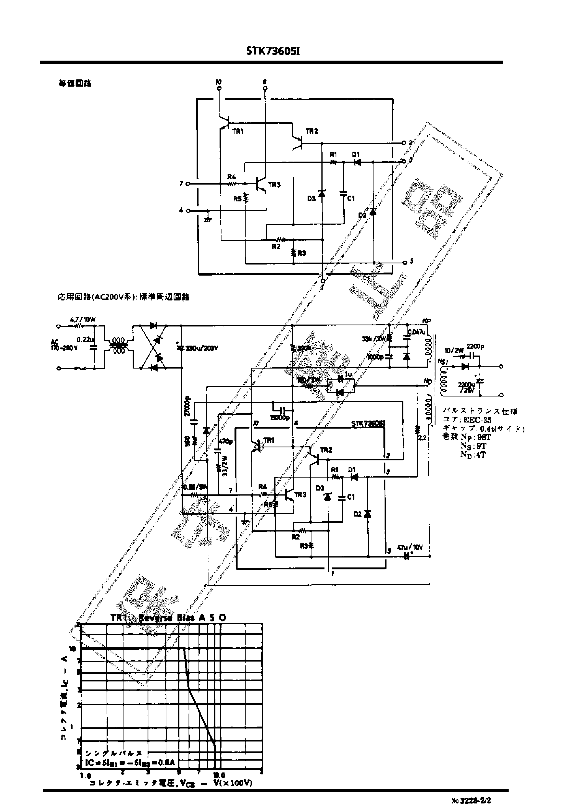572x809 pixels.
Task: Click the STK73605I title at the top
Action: tap(273, 51)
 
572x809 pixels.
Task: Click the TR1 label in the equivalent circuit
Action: tap(238, 131)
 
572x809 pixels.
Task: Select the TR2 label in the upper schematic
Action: tap(312, 131)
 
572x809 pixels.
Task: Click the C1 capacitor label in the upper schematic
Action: tap(351, 199)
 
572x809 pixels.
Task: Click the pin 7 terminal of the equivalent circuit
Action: tap(188, 184)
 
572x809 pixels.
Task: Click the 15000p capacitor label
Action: tap(280, 418)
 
